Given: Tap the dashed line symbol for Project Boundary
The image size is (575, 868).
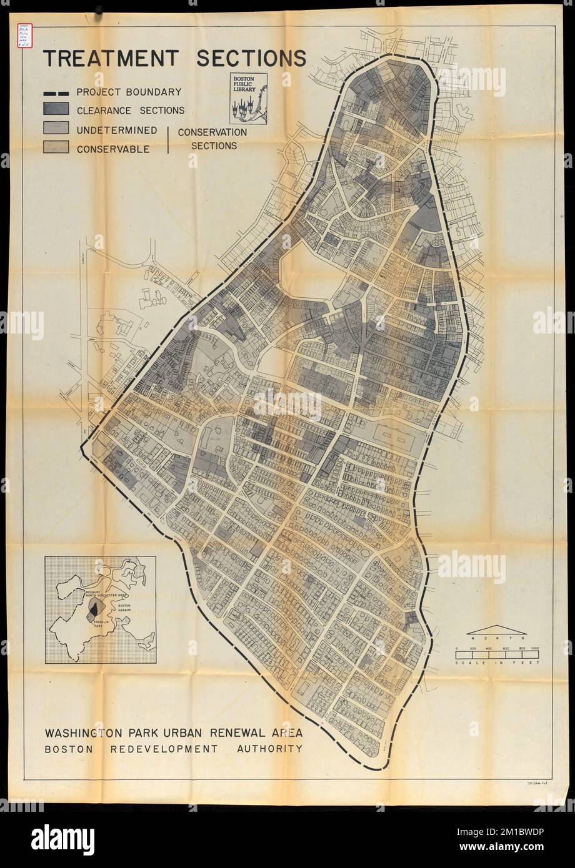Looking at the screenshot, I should click(56, 92).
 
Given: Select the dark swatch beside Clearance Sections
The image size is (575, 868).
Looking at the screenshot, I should click(56, 109).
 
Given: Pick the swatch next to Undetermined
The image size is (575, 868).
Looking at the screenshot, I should click(56, 129).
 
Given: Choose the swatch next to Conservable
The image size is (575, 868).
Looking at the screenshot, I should click(56, 148).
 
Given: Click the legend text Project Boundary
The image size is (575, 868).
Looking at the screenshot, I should click(129, 92).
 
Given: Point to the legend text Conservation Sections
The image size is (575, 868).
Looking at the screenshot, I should click(212, 139).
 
